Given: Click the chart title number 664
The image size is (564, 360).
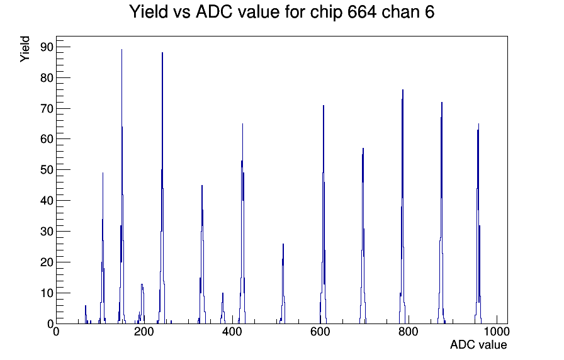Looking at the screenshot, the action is point(362,11).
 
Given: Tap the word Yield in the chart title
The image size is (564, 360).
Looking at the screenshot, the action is point(149,11).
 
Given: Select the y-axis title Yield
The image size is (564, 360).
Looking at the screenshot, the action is point(25,49).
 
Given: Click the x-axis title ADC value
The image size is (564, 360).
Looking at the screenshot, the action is point(478,344).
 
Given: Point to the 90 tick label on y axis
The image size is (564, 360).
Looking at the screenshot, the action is point(47,47).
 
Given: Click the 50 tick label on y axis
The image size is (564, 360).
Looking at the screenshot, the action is point(47,170).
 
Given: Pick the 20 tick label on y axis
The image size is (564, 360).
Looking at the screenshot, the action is point(47,262).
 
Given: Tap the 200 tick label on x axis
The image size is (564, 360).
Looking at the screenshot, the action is point(144,331).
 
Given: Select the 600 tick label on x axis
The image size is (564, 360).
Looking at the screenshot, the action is point(320,331).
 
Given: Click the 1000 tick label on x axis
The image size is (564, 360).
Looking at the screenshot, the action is point(497,331).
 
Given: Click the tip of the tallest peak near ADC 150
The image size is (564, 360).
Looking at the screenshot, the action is point(121,50).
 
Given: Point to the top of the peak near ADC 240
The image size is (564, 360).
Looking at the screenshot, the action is point(162,53).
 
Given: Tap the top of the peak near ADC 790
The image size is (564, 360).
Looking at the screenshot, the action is point(403,90).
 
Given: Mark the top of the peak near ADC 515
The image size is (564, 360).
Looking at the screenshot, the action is point(283,244).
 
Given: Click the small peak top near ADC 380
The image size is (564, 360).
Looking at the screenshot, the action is point(223,293).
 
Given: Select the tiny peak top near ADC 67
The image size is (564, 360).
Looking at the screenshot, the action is point(86,306).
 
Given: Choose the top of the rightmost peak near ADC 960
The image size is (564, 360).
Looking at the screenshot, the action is point(478,124).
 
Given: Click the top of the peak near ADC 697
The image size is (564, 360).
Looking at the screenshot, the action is point(363,149).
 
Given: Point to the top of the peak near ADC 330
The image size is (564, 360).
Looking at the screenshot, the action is point(202,186).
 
